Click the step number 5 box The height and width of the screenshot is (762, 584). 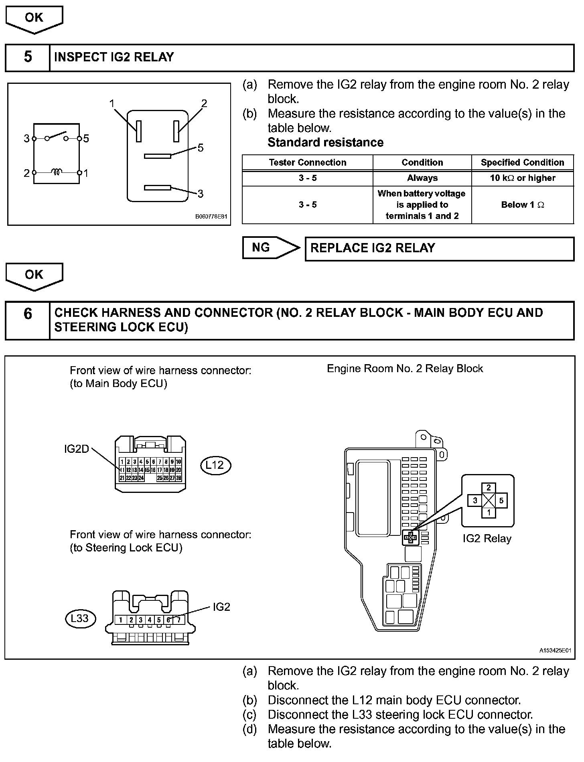(x=28, y=57)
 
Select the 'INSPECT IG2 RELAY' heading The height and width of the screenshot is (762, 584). (x=114, y=57)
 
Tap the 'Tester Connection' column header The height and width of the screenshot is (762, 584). (x=307, y=162)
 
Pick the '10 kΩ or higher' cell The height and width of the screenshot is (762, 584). (x=522, y=178)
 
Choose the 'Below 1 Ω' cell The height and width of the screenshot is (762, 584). (x=522, y=205)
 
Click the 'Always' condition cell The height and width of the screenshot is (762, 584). (x=422, y=178)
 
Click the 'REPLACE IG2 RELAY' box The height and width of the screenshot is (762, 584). (x=439, y=248)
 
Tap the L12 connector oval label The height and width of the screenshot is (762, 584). (x=215, y=465)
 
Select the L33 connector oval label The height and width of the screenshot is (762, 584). (x=81, y=618)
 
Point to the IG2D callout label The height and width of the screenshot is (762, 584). (x=76, y=449)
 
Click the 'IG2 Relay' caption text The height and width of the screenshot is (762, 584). (x=487, y=538)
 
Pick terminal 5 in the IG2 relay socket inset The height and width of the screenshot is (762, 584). (x=501, y=501)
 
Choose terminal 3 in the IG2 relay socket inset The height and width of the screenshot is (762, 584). (x=475, y=501)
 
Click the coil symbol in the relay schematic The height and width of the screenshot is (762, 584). (x=57, y=172)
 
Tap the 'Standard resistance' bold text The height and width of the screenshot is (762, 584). (x=325, y=142)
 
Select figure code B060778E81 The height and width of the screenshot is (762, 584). (x=211, y=217)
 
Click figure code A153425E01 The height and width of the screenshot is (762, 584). (x=555, y=651)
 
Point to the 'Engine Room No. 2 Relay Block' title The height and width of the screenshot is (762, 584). (x=405, y=369)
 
